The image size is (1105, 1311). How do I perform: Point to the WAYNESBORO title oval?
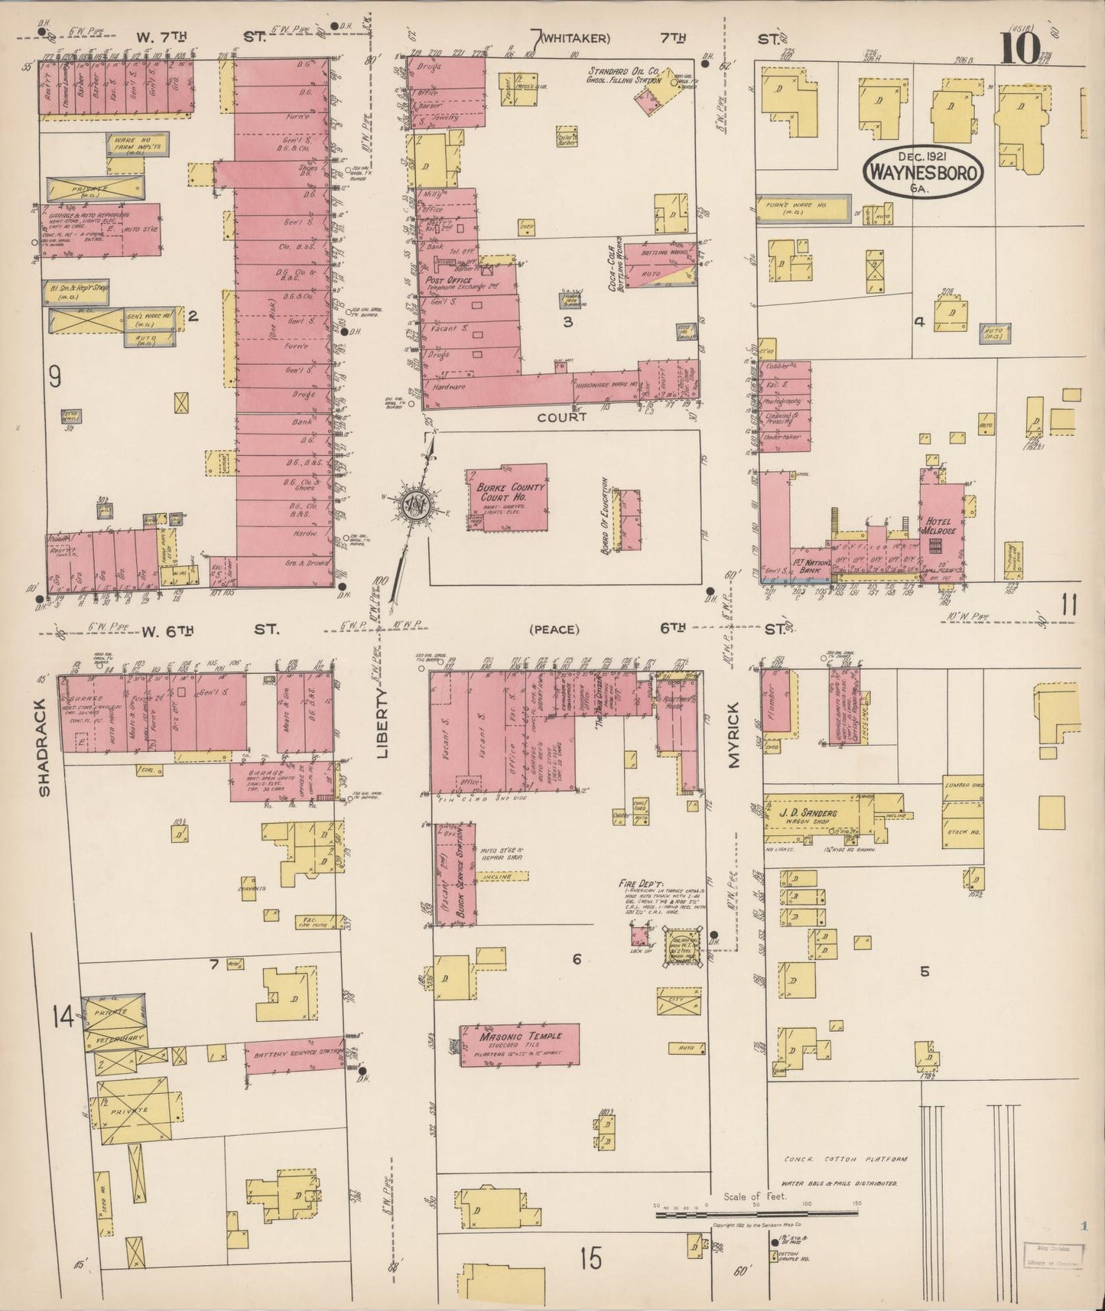point(924,172)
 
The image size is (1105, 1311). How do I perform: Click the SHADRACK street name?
point(44,746)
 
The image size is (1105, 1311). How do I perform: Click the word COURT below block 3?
point(561,417)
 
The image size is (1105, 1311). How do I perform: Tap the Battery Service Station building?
point(294,1058)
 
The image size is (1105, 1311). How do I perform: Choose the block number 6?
point(577,959)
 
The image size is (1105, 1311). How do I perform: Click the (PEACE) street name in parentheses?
point(554,629)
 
